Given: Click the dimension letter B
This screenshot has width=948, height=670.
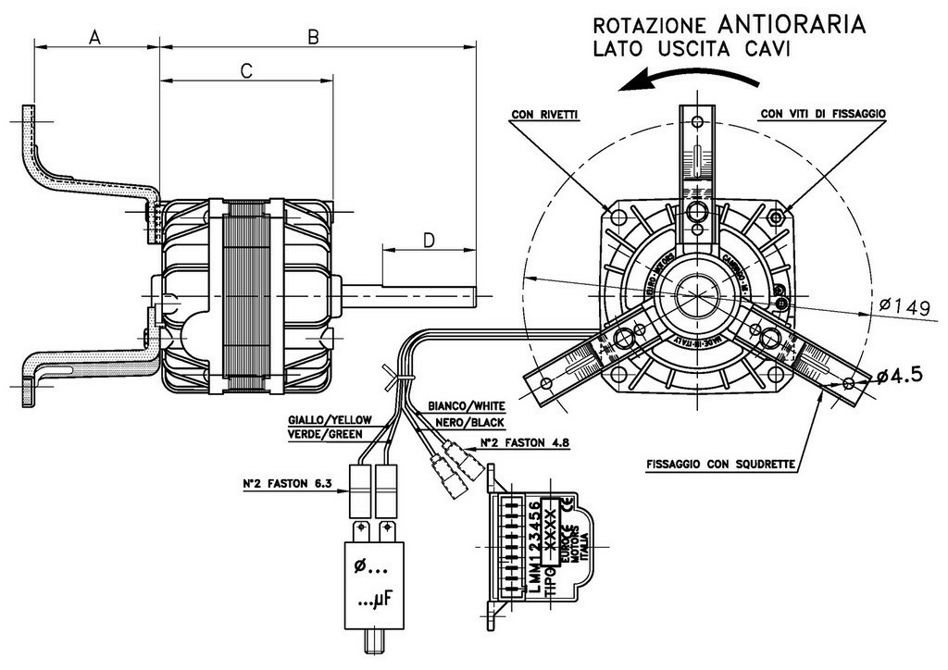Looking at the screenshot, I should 314,36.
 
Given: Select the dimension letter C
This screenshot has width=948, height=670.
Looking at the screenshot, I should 247,70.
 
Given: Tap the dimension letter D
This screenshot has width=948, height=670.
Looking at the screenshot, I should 429,240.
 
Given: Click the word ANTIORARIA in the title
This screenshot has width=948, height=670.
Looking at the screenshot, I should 791,23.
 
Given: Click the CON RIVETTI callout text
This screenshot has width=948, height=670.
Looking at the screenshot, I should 544,115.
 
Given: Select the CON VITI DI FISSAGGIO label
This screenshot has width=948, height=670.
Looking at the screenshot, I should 824,115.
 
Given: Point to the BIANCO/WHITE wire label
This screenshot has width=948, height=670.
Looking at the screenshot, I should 466,406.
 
